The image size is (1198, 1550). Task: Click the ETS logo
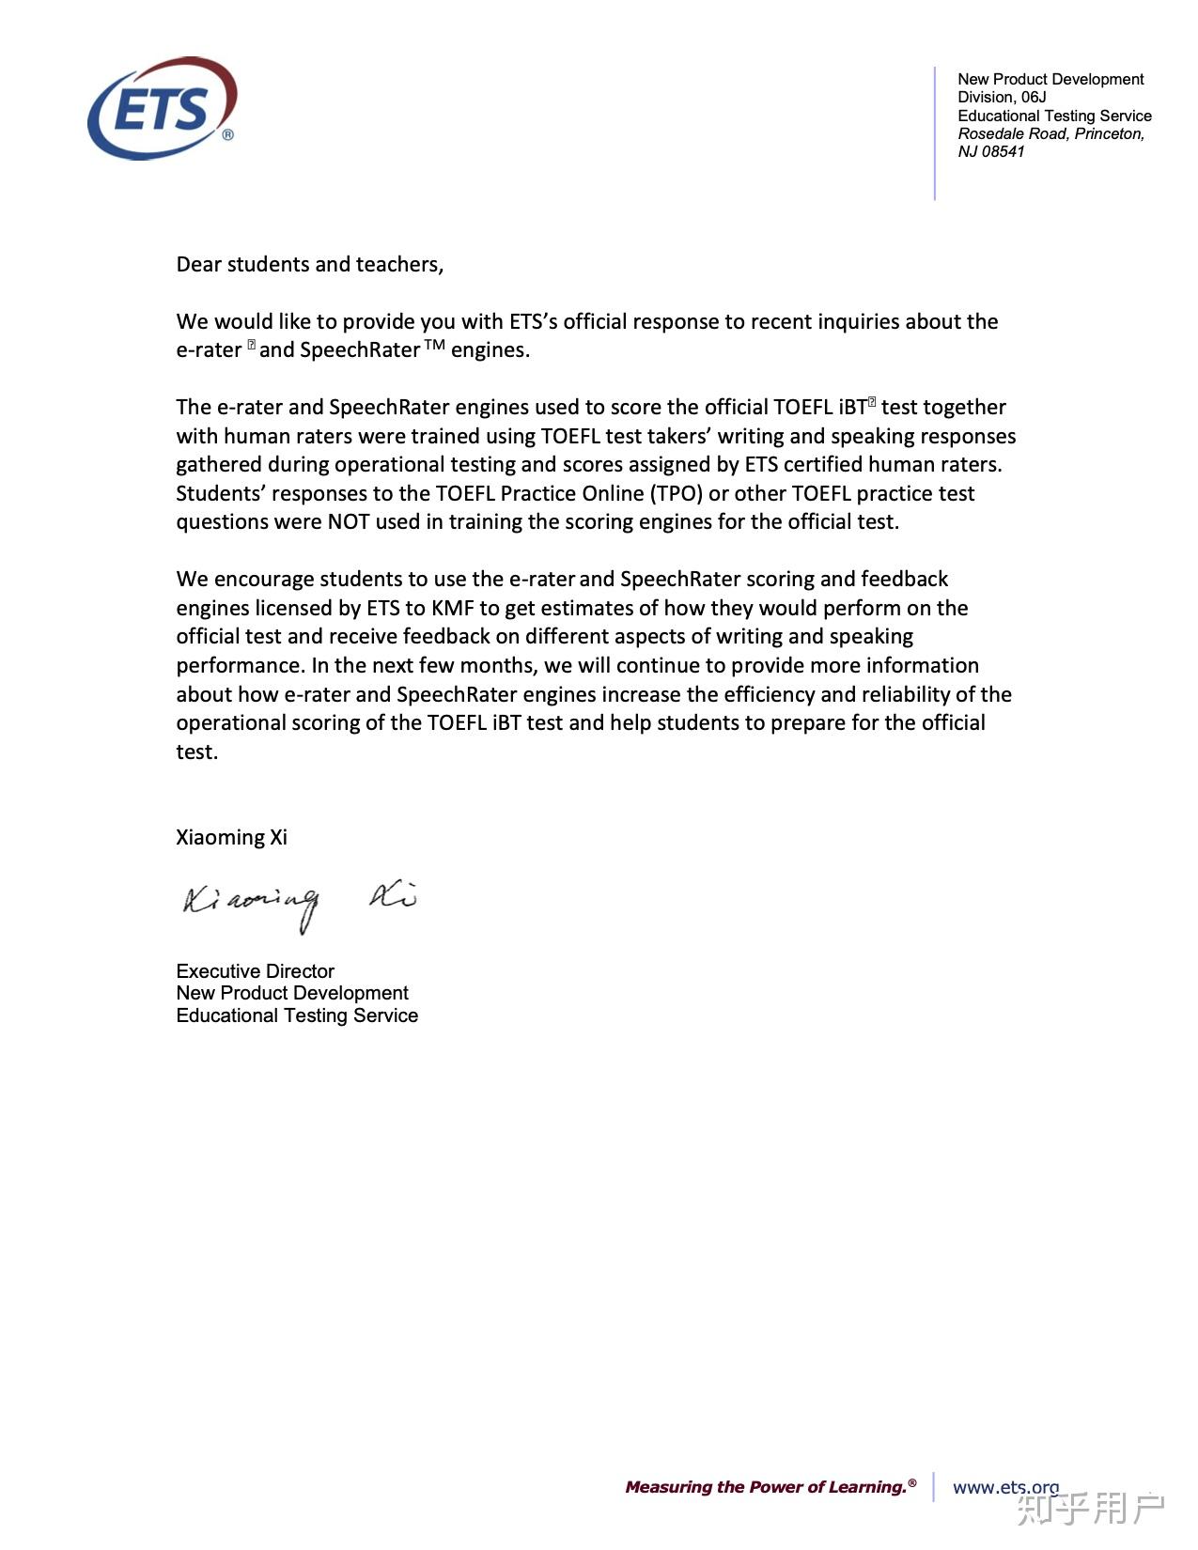point(162,108)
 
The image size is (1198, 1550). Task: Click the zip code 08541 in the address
point(1003,152)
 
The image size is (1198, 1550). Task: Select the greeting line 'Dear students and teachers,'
point(309,265)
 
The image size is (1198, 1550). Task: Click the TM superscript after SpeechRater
point(434,345)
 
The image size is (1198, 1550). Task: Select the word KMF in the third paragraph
point(452,609)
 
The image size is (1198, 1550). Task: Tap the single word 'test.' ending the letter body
point(196,752)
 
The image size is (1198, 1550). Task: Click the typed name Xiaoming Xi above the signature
point(231,838)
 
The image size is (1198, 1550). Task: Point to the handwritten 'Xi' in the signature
point(393,897)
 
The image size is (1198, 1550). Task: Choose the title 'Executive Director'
point(255,971)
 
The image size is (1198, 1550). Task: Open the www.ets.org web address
point(1005,1487)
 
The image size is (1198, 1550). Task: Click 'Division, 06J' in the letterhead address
point(1002,98)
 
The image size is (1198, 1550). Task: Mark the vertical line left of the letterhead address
point(935,132)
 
